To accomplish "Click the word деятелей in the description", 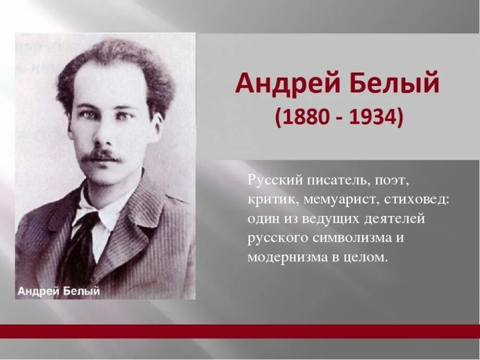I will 399,219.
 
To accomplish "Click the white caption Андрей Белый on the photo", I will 58,291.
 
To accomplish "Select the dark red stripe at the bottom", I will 240,331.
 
